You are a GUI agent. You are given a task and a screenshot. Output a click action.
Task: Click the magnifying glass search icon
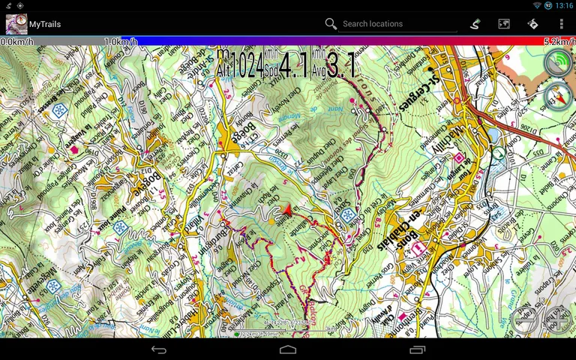331,24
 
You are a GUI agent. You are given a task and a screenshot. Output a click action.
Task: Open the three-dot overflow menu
561,24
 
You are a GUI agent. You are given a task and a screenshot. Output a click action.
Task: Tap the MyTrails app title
45,24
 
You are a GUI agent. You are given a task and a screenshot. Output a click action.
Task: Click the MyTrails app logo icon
16,24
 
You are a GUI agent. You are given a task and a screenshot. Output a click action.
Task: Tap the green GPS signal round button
558,63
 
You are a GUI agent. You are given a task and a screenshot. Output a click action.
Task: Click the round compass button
558,96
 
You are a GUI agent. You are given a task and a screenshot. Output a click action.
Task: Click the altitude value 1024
247,65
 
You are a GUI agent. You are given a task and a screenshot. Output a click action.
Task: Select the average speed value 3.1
341,65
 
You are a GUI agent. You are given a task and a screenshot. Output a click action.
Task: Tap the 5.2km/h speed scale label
559,41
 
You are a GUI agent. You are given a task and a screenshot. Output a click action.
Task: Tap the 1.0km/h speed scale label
120,41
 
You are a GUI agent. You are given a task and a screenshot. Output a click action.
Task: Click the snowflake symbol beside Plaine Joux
119,226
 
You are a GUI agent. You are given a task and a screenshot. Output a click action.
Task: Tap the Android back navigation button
159,349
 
